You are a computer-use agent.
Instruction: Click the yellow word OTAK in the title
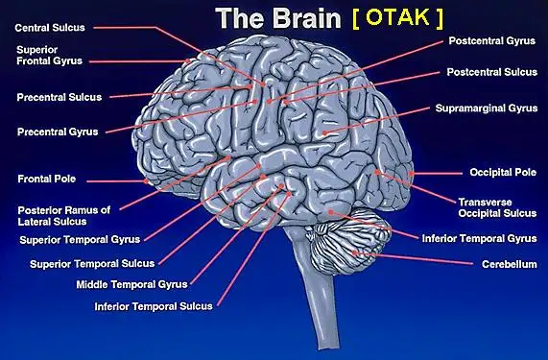[397, 17]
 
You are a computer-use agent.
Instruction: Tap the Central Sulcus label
[50, 28]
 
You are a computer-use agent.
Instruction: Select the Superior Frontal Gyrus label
[49, 56]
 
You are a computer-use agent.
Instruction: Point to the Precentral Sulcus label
[60, 97]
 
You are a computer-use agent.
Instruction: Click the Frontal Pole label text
[47, 179]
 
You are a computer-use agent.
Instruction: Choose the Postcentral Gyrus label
[492, 41]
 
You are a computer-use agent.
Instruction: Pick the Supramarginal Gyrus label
[487, 108]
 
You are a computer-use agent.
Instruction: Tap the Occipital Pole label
[503, 172]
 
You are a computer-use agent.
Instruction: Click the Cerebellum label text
[510, 264]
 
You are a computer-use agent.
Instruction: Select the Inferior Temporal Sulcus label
[154, 306]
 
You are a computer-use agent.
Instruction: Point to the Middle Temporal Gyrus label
[131, 284]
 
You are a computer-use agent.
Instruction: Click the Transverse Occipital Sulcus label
[497, 207]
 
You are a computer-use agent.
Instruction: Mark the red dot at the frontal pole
[146, 181]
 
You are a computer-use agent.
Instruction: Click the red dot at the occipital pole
[412, 174]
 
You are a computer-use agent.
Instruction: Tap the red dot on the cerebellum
[354, 252]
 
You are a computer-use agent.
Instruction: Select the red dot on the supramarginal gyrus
[324, 132]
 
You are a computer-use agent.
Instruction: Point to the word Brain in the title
[306, 18]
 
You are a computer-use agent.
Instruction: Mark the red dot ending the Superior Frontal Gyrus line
[188, 60]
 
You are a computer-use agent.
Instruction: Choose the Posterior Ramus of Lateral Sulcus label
[64, 216]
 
